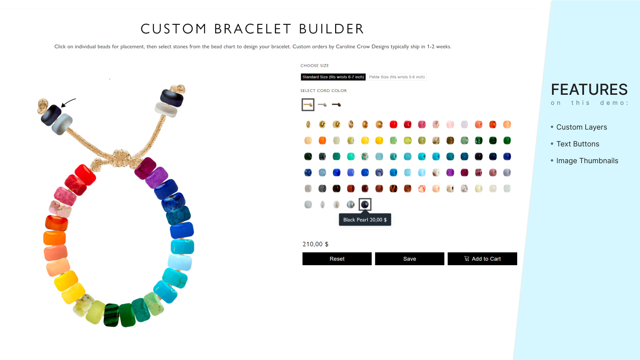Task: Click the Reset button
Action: [x=337, y=259]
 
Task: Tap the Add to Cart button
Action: [x=482, y=259]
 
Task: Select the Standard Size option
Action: [x=333, y=77]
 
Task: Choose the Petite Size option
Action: [x=397, y=77]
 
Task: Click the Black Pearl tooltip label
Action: [x=365, y=220]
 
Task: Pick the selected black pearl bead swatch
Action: [x=365, y=204]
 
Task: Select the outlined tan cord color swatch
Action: [x=308, y=105]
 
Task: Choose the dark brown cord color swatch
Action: [x=336, y=105]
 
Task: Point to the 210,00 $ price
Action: [x=315, y=244]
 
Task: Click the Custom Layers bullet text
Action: [x=582, y=127]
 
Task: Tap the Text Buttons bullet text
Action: [x=578, y=144]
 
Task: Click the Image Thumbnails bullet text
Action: [x=587, y=161]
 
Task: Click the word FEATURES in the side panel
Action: [x=589, y=90]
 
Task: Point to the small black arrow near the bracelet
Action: [x=68, y=102]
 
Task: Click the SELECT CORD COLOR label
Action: [x=324, y=91]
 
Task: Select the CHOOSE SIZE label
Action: [x=314, y=66]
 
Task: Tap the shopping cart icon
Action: [x=466, y=259]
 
